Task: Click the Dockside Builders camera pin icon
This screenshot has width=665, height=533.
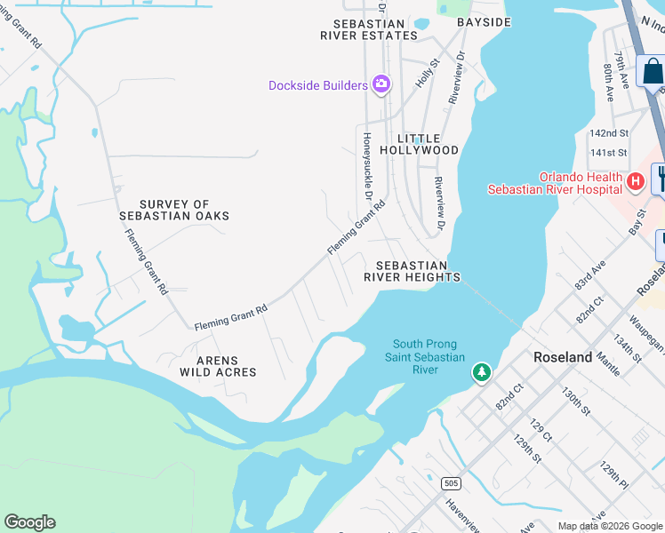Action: pyautogui.click(x=381, y=84)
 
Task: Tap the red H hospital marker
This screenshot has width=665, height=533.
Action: pyautogui.click(x=635, y=181)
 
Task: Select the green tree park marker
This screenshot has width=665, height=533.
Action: pyautogui.click(x=481, y=372)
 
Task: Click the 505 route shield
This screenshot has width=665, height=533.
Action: pyautogui.click(x=451, y=483)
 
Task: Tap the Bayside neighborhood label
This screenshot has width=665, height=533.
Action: pyautogui.click(x=484, y=21)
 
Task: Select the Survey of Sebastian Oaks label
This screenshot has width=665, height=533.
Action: pyautogui.click(x=174, y=210)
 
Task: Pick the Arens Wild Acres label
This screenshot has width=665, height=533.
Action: pyautogui.click(x=219, y=366)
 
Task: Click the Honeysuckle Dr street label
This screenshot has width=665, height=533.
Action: pyautogui.click(x=366, y=166)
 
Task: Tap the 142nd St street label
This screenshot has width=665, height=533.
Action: pyautogui.click(x=609, y=133)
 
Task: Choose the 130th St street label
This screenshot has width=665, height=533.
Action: pyautogui.click(x=577, y=400)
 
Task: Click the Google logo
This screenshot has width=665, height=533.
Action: pyautogui.click(x=29, y=522)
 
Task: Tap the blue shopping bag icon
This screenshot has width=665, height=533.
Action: pyautogui.click(x=652, y=70)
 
